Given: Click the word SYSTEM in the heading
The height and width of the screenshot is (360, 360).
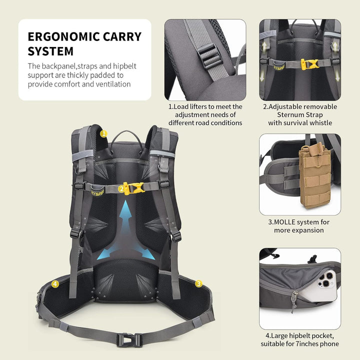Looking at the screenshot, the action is tap(50, 51).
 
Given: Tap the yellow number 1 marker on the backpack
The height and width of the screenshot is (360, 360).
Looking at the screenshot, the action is tap(104, 133).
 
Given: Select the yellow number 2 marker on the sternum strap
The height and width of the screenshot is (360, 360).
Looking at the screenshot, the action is tap(121, 189).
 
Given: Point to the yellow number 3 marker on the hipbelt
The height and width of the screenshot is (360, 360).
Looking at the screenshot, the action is tap(198, 284).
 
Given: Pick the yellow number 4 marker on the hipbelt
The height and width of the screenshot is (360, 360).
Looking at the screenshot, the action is tap(55, 284).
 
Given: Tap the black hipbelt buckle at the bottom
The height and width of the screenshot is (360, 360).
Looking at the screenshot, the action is tap(129, 340).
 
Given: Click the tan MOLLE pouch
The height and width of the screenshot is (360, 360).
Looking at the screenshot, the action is tap(315, 176).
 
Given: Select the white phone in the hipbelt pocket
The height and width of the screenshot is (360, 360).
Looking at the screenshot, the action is tap(320, 287).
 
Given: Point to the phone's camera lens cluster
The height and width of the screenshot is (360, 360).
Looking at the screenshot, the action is tap(326, 279).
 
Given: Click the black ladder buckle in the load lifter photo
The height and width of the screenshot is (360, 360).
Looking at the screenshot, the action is tap(209, 56).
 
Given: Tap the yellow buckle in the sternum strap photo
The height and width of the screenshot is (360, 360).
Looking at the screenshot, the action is tap(309, 64).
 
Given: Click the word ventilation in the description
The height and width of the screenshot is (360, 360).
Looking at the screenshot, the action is tap(113, 84).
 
